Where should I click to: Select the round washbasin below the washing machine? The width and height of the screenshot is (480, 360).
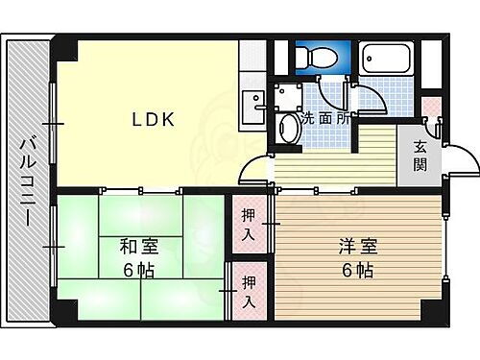pos(286,128)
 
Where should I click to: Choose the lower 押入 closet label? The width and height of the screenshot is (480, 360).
pos(249,289)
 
